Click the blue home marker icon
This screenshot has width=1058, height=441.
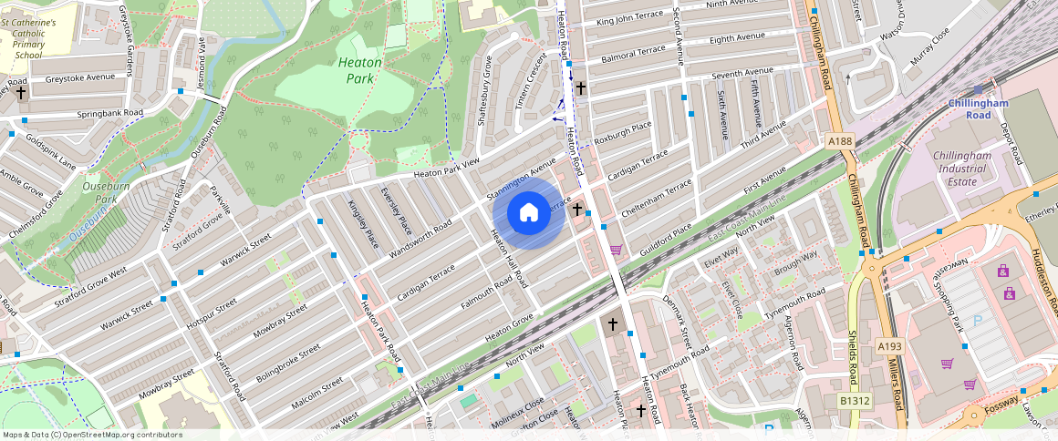click(529, 213)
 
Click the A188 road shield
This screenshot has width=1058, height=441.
click(839, 141)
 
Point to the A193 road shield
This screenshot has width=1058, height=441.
click(889, 346)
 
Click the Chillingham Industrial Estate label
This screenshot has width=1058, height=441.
click(968, 168)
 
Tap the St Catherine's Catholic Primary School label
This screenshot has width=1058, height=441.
click(28, 37)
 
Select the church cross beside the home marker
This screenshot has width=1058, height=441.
click(576, 210)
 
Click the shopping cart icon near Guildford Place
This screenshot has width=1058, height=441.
click(616, 249)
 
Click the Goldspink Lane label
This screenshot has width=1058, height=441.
click(51, 151)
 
